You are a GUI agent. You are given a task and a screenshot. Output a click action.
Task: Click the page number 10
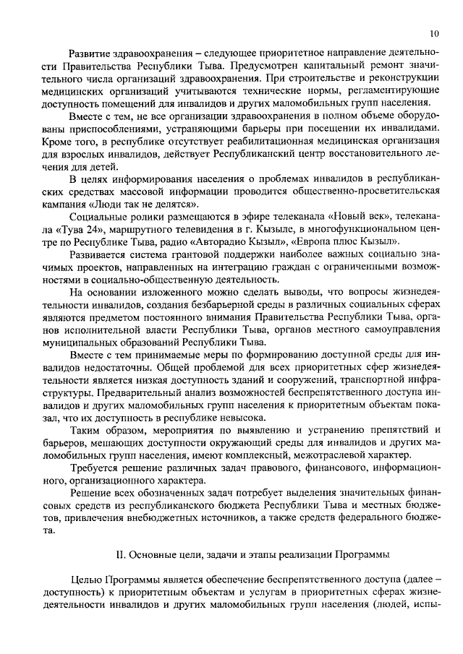click(x=433, y=33)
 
